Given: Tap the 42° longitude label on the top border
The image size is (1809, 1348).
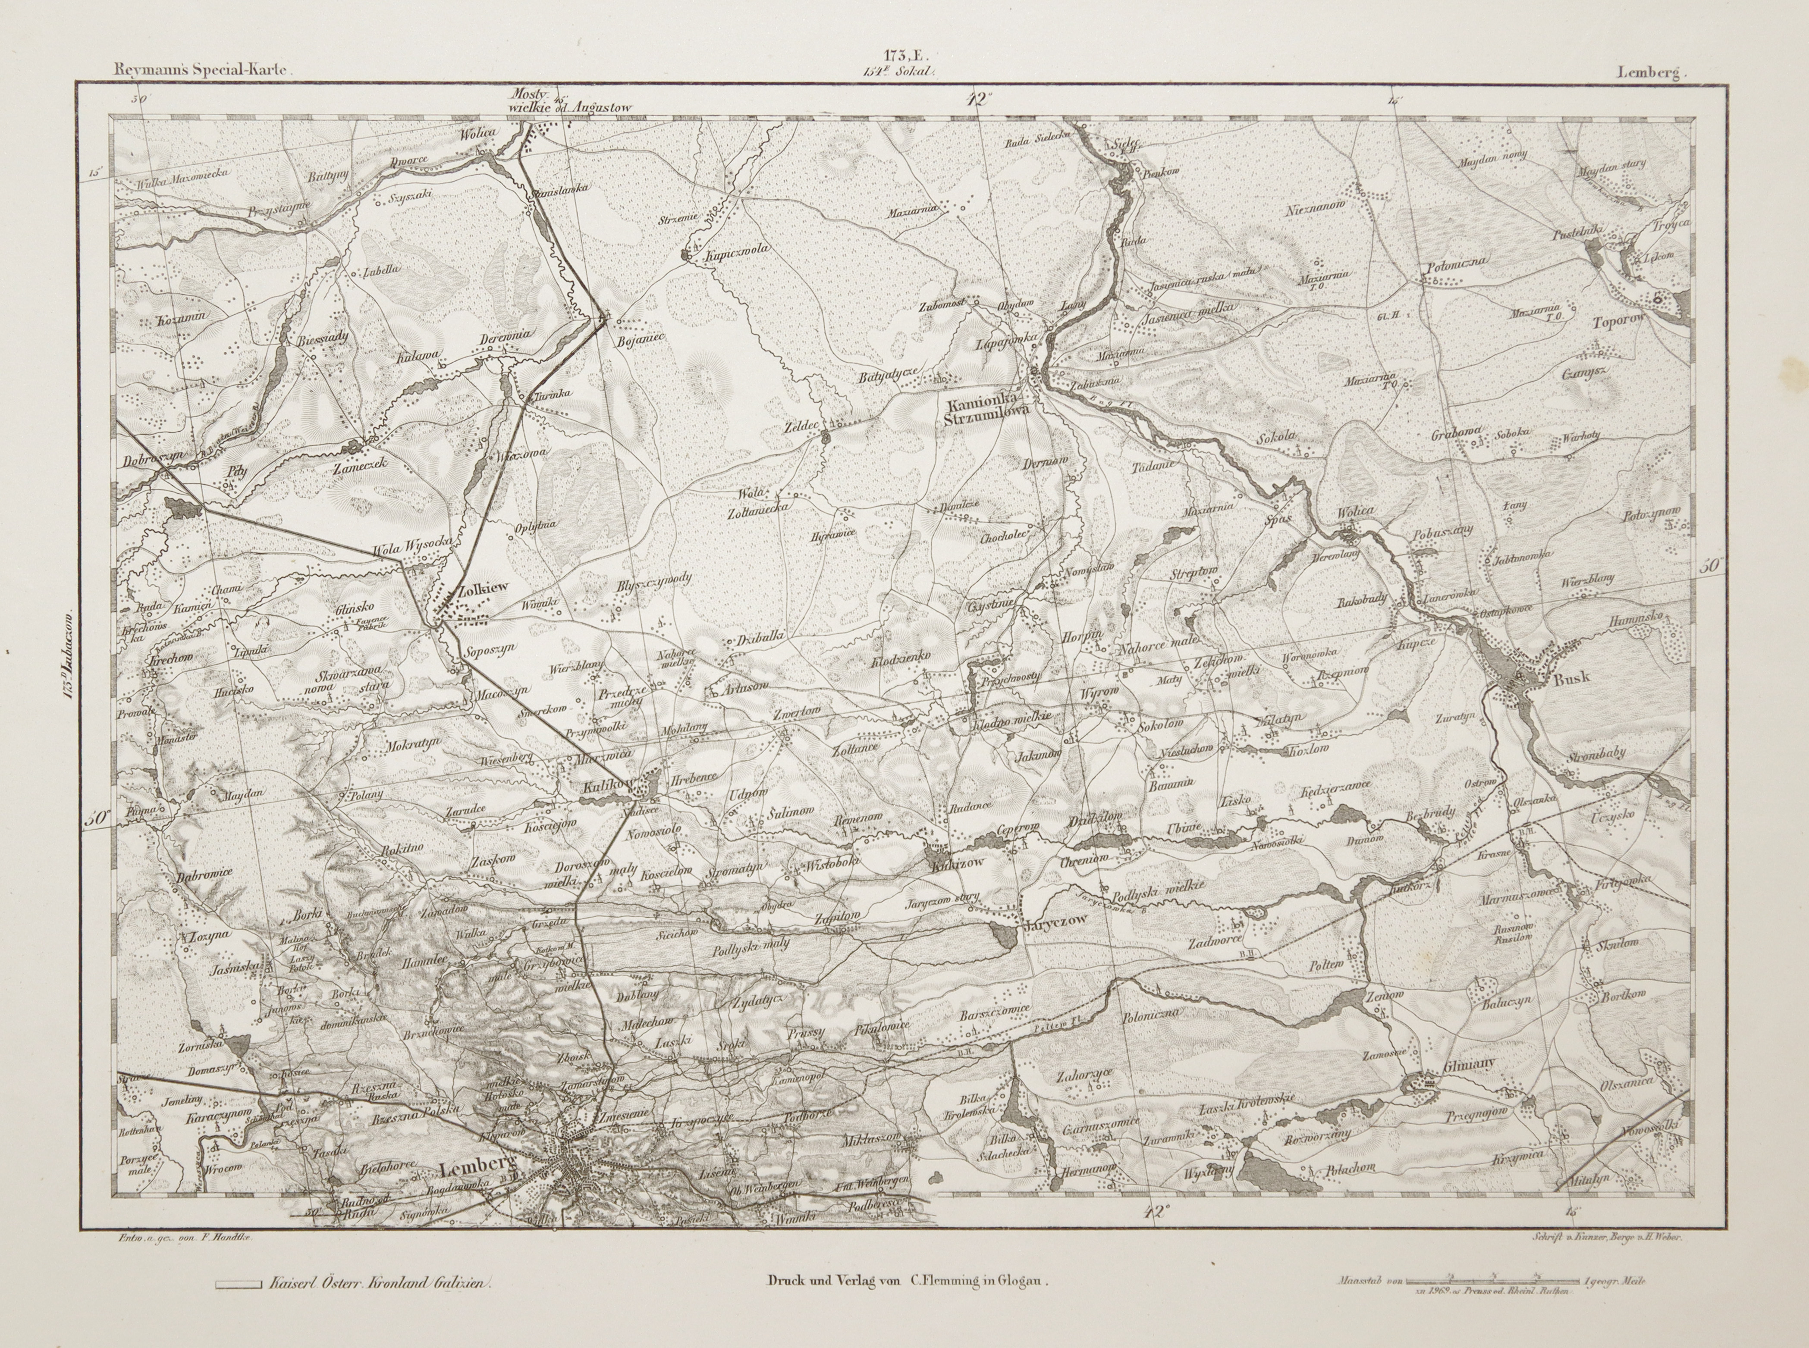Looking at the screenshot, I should [x=977, y=100].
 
